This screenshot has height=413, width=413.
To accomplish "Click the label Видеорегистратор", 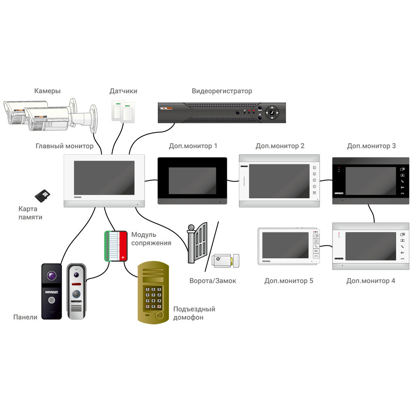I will coord(222,91).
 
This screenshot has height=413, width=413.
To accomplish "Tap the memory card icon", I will coord(42,196).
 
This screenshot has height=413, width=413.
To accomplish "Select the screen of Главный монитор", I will coord(104,178).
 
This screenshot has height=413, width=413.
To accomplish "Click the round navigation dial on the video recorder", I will coord(272,113).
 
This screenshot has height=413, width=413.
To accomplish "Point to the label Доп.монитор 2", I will coord(280,146).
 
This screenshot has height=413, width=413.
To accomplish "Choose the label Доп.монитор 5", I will coord(288,281).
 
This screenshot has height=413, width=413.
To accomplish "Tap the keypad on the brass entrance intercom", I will coord(154,298).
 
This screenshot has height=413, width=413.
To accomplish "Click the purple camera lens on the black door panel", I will coord(52,276).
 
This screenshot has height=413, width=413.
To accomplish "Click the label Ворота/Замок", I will coord(213,281).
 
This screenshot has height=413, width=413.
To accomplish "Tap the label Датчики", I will coord(123,91).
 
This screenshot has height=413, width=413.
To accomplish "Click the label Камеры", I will coord(48,91).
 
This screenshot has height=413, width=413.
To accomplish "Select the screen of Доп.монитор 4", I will coord(370,246).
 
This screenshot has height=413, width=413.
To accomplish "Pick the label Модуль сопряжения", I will coord(151,239).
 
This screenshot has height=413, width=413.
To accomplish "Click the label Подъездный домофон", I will coord(194,313).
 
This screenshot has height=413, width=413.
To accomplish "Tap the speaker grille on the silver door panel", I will coord(76,309).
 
